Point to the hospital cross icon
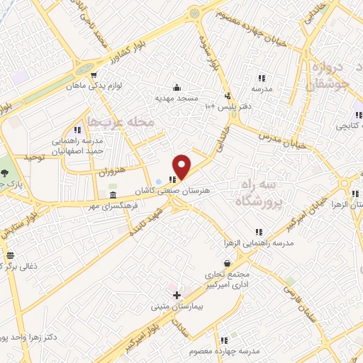tap(177, 295)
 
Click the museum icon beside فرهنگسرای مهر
tap(113, 195)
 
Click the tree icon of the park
tap(6, 173)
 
